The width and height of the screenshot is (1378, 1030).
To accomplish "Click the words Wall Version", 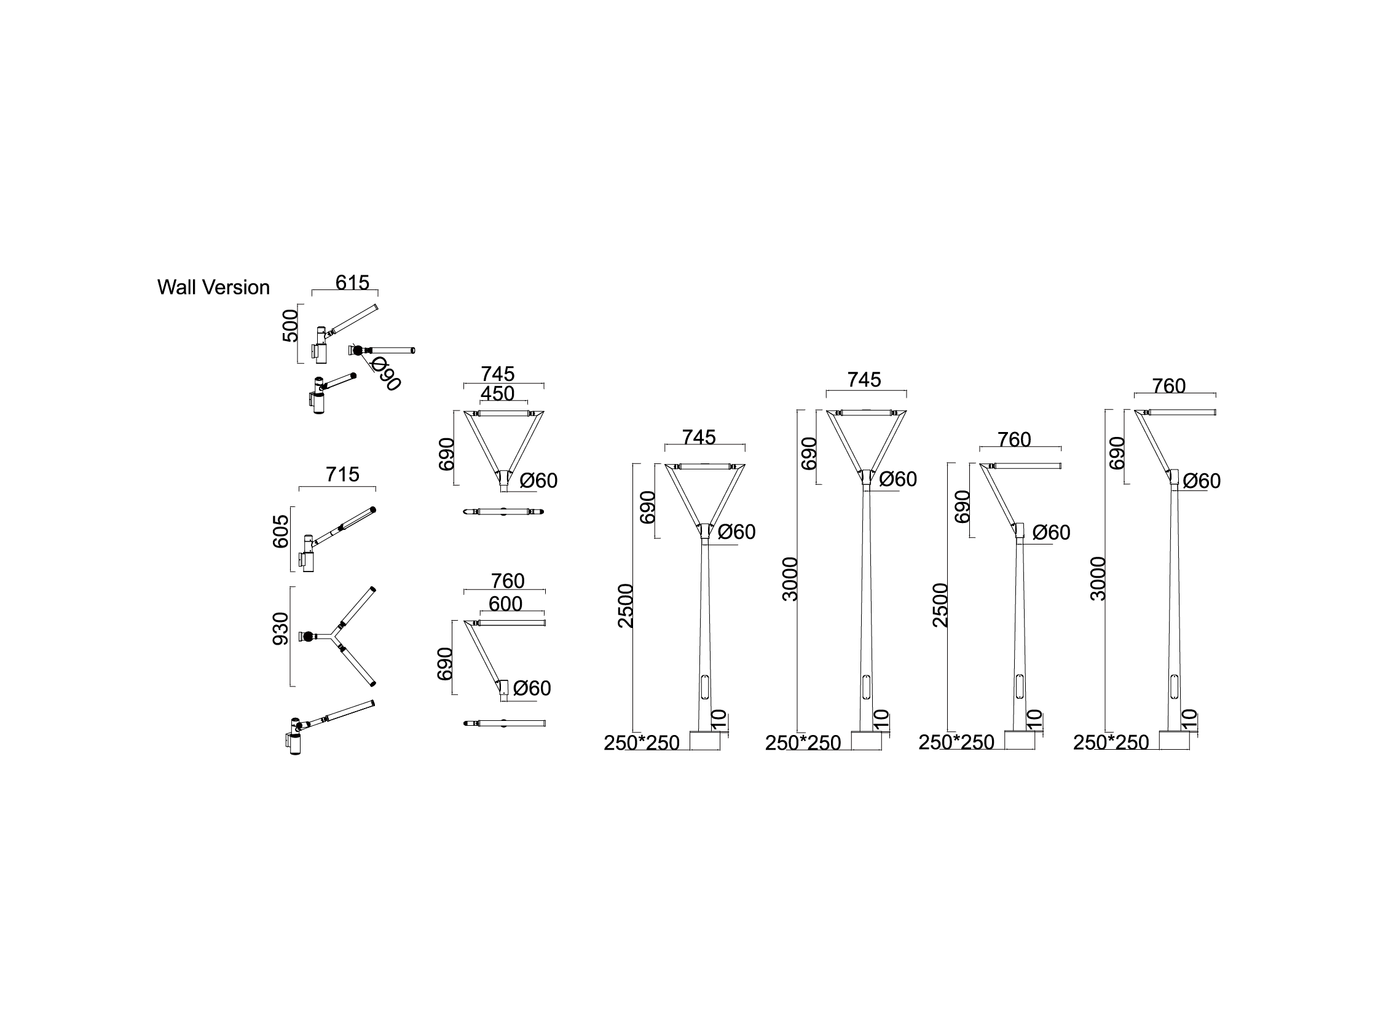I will [213, 287].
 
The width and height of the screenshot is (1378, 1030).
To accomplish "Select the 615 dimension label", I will [352, 283].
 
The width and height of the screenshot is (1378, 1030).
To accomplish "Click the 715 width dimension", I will [342, 474].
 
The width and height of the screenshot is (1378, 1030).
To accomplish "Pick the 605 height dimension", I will [282, 531].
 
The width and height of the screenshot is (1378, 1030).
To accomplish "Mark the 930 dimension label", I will [282, 629].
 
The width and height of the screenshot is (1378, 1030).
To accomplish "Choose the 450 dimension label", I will [497, 393].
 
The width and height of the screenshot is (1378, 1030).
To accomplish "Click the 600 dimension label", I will [505, 603].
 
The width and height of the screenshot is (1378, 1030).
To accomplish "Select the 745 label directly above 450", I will [497, 374].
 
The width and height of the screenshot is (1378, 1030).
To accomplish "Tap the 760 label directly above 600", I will [507, 580].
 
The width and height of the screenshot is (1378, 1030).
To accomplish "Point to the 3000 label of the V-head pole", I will [790, 578].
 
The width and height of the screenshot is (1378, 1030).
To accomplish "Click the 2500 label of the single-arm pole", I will [940, 605].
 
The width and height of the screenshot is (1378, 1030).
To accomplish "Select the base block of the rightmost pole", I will [1174, 740].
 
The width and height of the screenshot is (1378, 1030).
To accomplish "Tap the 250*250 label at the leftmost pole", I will [641, 743].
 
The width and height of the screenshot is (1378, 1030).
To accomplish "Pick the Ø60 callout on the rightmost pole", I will [1201, 481].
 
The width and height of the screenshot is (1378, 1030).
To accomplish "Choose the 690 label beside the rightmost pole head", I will [1117, 453].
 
